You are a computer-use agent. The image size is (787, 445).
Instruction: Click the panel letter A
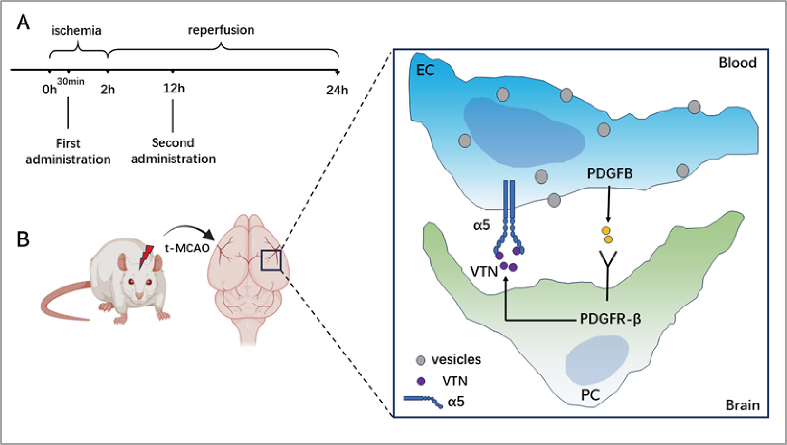(x=23, y=23)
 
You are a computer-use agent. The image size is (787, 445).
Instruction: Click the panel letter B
(x=23, y=239)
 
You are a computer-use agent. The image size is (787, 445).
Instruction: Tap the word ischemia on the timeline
(x=76, y=31)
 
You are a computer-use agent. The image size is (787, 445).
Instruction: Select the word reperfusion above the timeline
(x=221, y=30)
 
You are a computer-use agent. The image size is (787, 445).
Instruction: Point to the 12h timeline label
(x=174, y=88)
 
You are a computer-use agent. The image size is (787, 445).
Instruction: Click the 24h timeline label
(x=337, y=90)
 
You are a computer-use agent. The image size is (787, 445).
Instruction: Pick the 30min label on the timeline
(x=70, y=81)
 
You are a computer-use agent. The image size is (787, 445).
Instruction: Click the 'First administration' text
(x=68, y=151)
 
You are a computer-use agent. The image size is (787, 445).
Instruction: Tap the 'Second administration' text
(x=173, y=151)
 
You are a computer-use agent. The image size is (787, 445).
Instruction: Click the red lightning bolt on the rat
(x=146, y=256)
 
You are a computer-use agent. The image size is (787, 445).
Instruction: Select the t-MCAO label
(x=187, y=248)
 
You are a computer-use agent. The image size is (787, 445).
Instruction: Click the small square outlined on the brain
(x=271, y=260)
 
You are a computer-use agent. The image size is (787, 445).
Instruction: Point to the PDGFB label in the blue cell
(x=609, y=174)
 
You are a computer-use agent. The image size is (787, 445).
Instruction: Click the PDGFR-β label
(x=610, y=319)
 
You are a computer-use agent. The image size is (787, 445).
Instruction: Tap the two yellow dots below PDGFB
(x=607, y=235)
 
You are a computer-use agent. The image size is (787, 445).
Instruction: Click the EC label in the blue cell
(x=425, y=70)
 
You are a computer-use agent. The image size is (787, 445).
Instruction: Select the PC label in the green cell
(x=590, y=395)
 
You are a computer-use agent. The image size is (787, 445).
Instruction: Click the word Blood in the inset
(x=737, y=63)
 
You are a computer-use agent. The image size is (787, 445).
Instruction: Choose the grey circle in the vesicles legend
(x=421, y=360)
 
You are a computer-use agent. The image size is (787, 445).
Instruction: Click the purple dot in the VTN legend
(x=421, y=381)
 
